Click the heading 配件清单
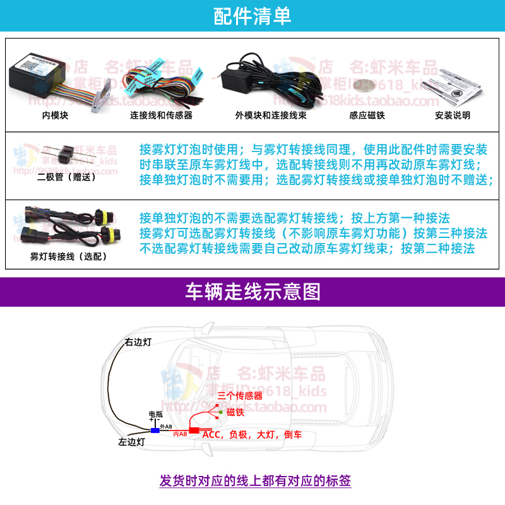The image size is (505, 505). tap(252, 16)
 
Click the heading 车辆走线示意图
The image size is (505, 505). tap(252, 292)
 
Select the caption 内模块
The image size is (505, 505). tap(54, 116)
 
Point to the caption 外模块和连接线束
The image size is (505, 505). tap(266, 116)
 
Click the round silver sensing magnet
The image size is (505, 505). tap(364, 86)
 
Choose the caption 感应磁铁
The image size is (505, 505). tap(366, 116)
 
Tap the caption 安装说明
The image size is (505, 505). tap(453, 116)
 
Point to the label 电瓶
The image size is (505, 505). tap(155, 414)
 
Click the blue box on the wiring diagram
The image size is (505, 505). tap(155, 430)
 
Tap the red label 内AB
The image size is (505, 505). tap(180, 434)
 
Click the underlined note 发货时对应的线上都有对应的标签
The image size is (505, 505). tap(255, 481)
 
